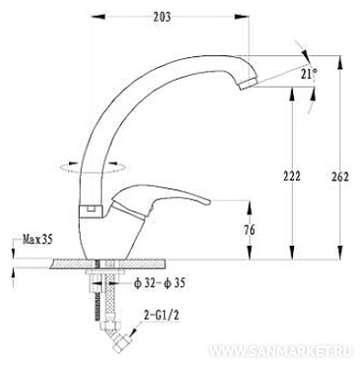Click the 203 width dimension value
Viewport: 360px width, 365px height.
click(162, 17)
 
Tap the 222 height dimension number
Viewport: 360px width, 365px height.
click(292, 177)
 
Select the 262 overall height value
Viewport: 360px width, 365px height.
click(339, 177)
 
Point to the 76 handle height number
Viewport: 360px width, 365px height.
click(250, 230)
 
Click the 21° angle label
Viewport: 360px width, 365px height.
click(309, 74)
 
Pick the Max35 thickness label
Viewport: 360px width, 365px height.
click(37, 240)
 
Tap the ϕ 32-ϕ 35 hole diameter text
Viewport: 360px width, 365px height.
click(160, 282)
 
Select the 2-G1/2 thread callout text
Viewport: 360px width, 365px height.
click(162, 316)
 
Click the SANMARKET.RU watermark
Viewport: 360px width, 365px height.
click(281, 351)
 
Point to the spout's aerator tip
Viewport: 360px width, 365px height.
click(248, 84)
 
